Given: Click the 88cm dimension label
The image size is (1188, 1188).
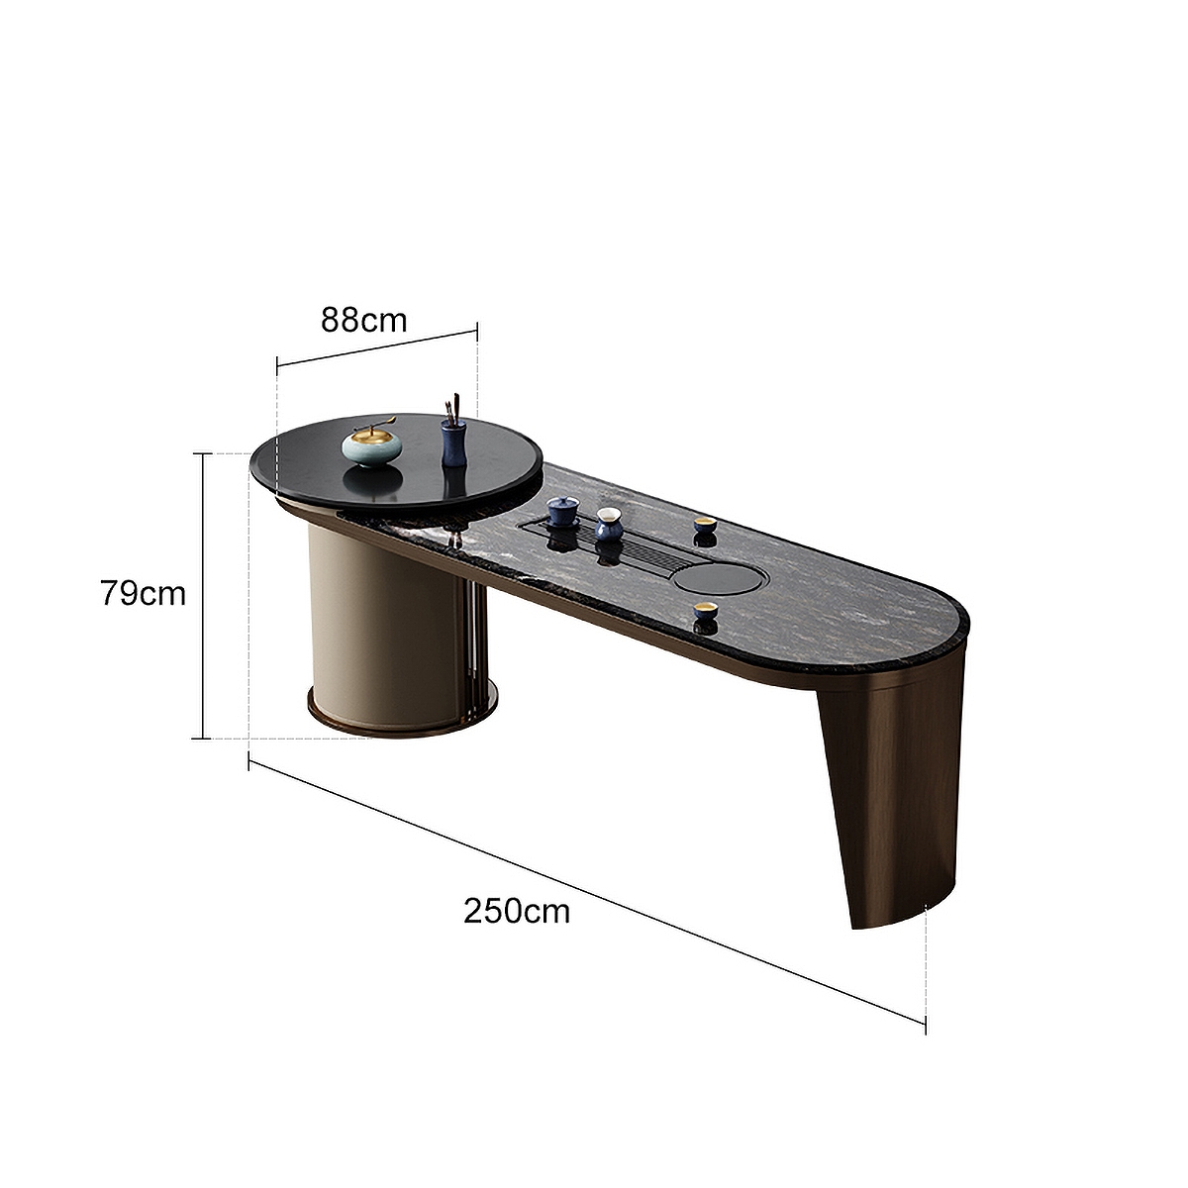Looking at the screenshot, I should (x=363, y=321).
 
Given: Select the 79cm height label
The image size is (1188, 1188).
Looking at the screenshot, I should (x=143, y=594).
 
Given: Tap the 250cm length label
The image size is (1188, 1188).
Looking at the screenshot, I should (x=517, y=910).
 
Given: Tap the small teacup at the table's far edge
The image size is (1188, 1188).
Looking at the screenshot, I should (x=705, y=530).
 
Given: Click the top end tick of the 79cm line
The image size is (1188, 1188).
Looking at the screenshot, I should (x=203, y=453).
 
